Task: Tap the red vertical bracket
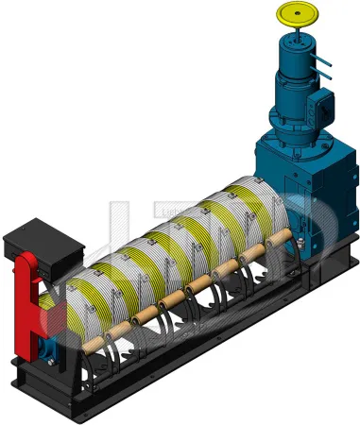tap(26, 302)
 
